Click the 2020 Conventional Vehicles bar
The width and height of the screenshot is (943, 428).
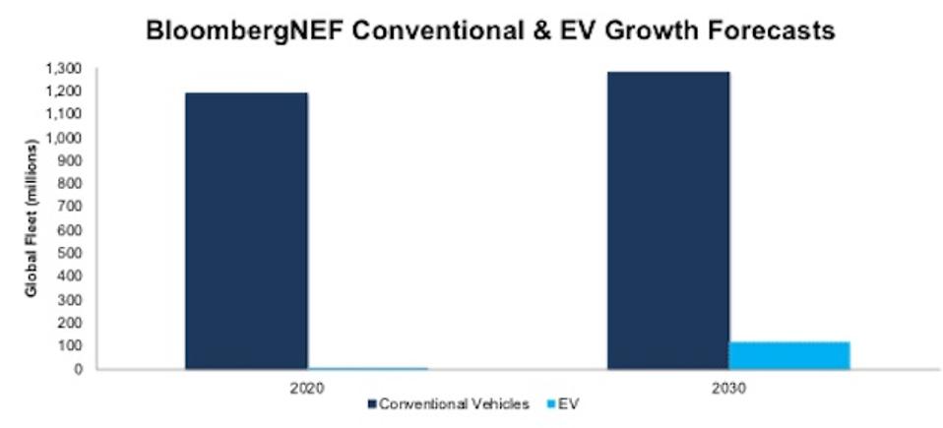[x=246, y=231]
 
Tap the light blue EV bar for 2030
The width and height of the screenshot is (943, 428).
[x=789, y=355]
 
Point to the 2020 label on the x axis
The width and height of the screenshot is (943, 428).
[x=308, y=387]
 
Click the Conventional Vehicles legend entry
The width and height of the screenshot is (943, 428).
[x=453, y=404]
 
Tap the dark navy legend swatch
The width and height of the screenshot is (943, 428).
[x=372, y=404]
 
